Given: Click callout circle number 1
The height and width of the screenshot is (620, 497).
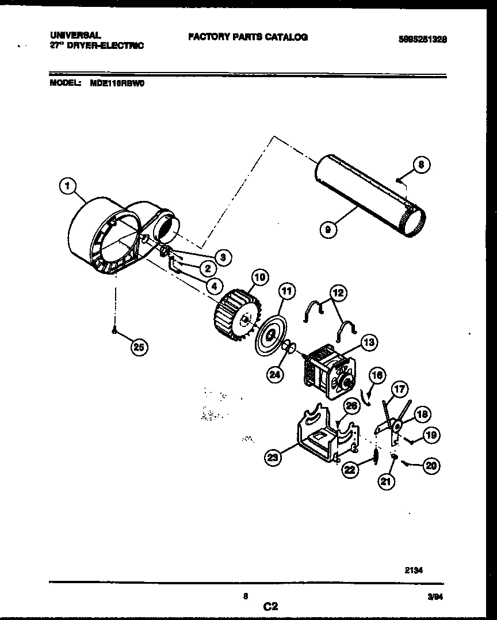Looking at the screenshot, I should click(x=68, y=186).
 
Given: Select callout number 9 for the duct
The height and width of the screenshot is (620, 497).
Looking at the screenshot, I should click(x=328, y=229).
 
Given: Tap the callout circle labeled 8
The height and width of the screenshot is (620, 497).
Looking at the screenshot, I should click(x=422, y=165).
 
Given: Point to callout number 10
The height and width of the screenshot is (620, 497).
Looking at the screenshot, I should click(x=259, y=278).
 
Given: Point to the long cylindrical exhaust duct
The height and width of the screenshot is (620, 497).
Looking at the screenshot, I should click(x=368, y=196).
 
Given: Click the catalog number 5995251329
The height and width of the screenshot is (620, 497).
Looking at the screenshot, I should click(x=423, y=40).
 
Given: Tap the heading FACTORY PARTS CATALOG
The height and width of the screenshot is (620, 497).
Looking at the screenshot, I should click(x=247, y=37).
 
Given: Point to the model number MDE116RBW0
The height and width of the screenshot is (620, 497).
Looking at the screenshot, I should click(x=118, y=83).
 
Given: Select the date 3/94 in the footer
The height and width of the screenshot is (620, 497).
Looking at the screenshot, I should click(x=436, y=598).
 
